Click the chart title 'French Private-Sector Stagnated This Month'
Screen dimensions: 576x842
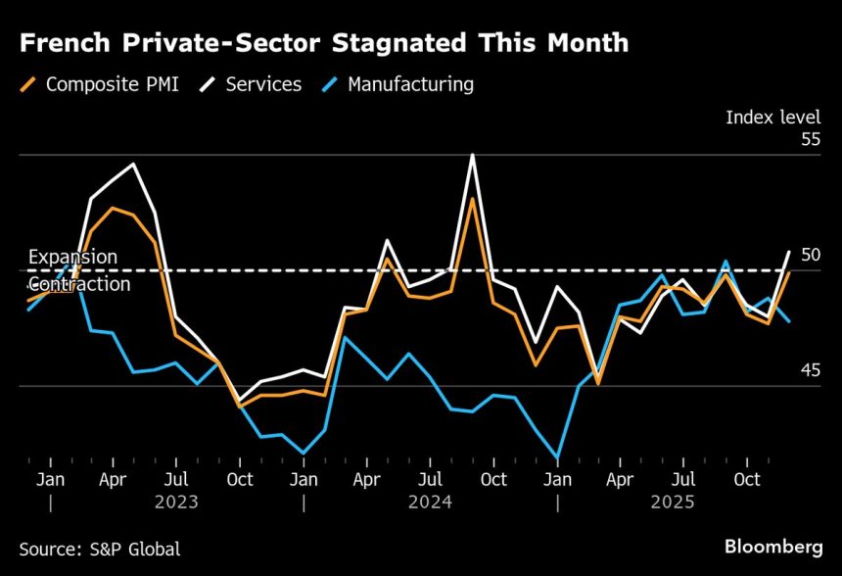click(323, 43)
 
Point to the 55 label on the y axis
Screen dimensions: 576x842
click(809, 139)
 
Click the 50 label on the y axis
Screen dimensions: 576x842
click(809, 255)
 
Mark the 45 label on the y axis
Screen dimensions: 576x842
click(809, 370)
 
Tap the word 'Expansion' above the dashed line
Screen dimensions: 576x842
click(72, 257)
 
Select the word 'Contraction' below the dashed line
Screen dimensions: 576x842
click(78, 284)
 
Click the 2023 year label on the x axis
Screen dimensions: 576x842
click(176, 502)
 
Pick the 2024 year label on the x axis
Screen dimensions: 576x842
click(430, 502)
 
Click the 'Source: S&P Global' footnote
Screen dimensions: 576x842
click(100, 550)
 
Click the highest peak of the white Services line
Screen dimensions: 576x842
click(473, 155)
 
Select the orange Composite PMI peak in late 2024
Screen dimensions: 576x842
click(473, 199)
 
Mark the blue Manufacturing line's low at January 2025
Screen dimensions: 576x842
click(558, 457)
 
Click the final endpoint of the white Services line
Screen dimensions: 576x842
click(790, 252)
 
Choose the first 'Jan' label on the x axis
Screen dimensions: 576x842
click(50, 479)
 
